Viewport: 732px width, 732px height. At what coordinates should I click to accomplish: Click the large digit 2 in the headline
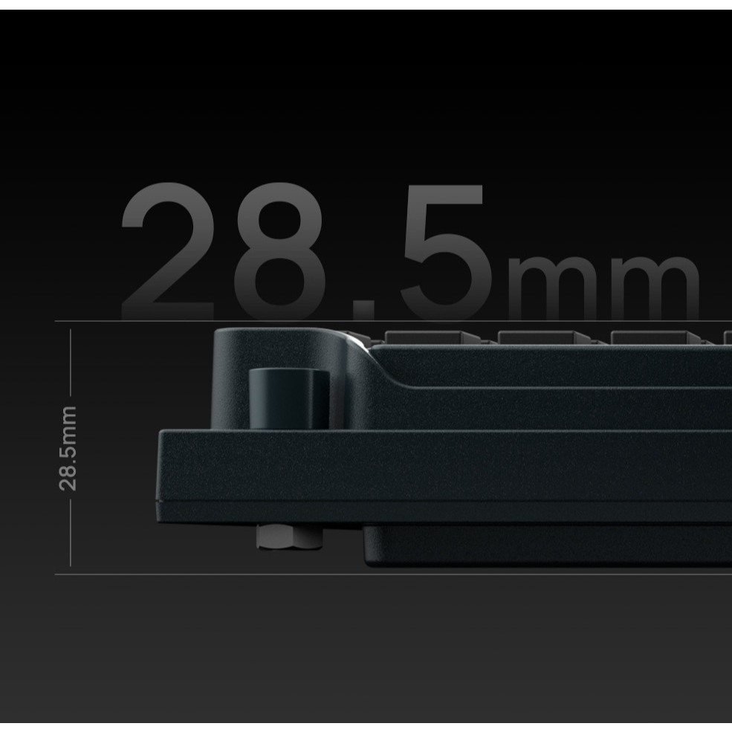(168, 252)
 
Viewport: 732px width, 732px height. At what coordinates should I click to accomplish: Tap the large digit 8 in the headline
(279, 252)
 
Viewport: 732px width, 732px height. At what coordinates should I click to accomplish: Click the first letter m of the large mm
(553, 287)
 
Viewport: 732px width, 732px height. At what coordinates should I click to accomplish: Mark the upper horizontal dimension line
(393, 321)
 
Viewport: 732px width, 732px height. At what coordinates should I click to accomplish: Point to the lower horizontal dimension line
(393, 574)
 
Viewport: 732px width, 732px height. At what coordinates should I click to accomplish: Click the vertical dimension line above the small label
(71, 362)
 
